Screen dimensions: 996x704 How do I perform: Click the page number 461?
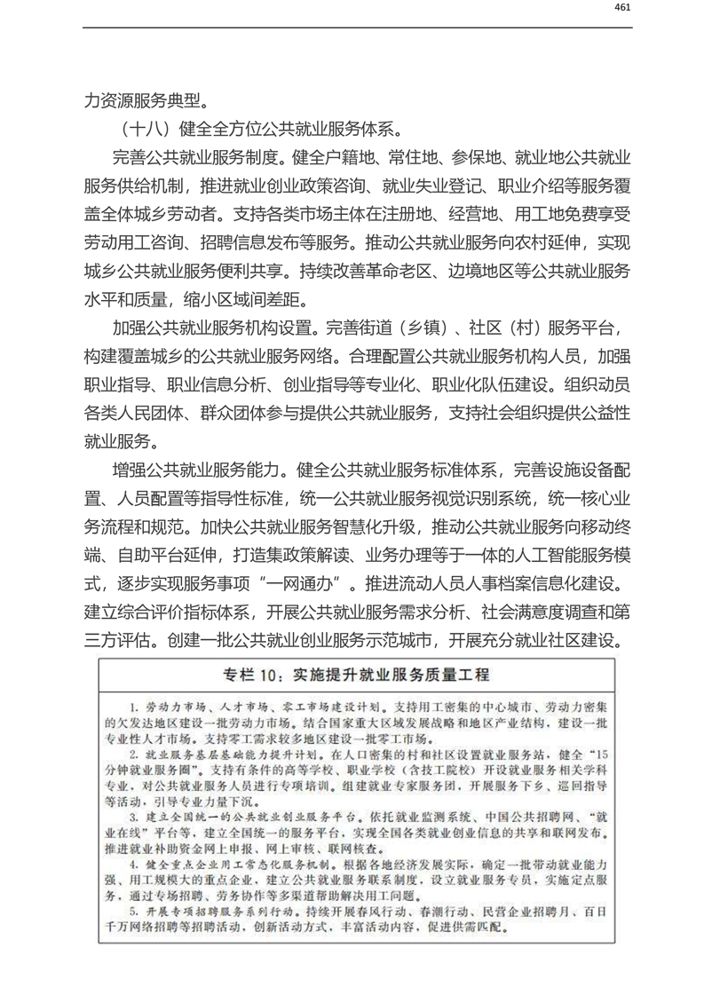(x=621, y=8)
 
